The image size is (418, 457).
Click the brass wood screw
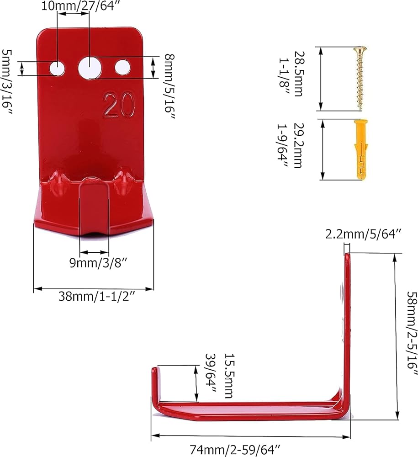tap(360, 78)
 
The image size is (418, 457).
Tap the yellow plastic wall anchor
tap(361, 149)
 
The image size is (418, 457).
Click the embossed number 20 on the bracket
tap(119, 105)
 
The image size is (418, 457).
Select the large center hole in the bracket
tap(89, 68)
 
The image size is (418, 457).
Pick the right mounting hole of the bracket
tap(122, 67)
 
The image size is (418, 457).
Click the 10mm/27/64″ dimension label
tap(79, 6)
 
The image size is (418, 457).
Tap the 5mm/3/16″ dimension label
tap(7, 82)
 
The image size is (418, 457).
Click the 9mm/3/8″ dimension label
tap(99, 263)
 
